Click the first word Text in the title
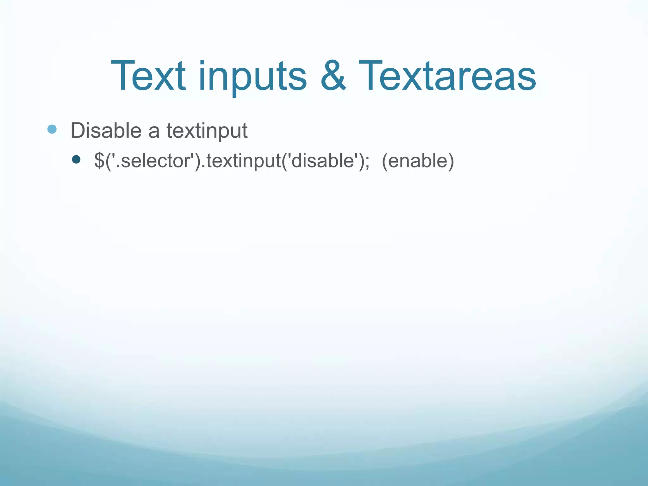click(x=148, y=77)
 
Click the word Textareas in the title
click(x=447, y=77)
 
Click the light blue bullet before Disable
click(x=52, y=129)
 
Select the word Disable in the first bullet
click(x=106, y=130)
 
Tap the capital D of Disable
click(x=78, y=130)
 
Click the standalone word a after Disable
click(x=154, y=132)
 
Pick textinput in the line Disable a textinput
click(x=207, y=131)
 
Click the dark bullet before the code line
click(x=76, y=159)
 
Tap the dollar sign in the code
click(x=99, y=161)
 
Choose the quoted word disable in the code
click(x=322, y=161)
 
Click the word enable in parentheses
click(x=418, y=161)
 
